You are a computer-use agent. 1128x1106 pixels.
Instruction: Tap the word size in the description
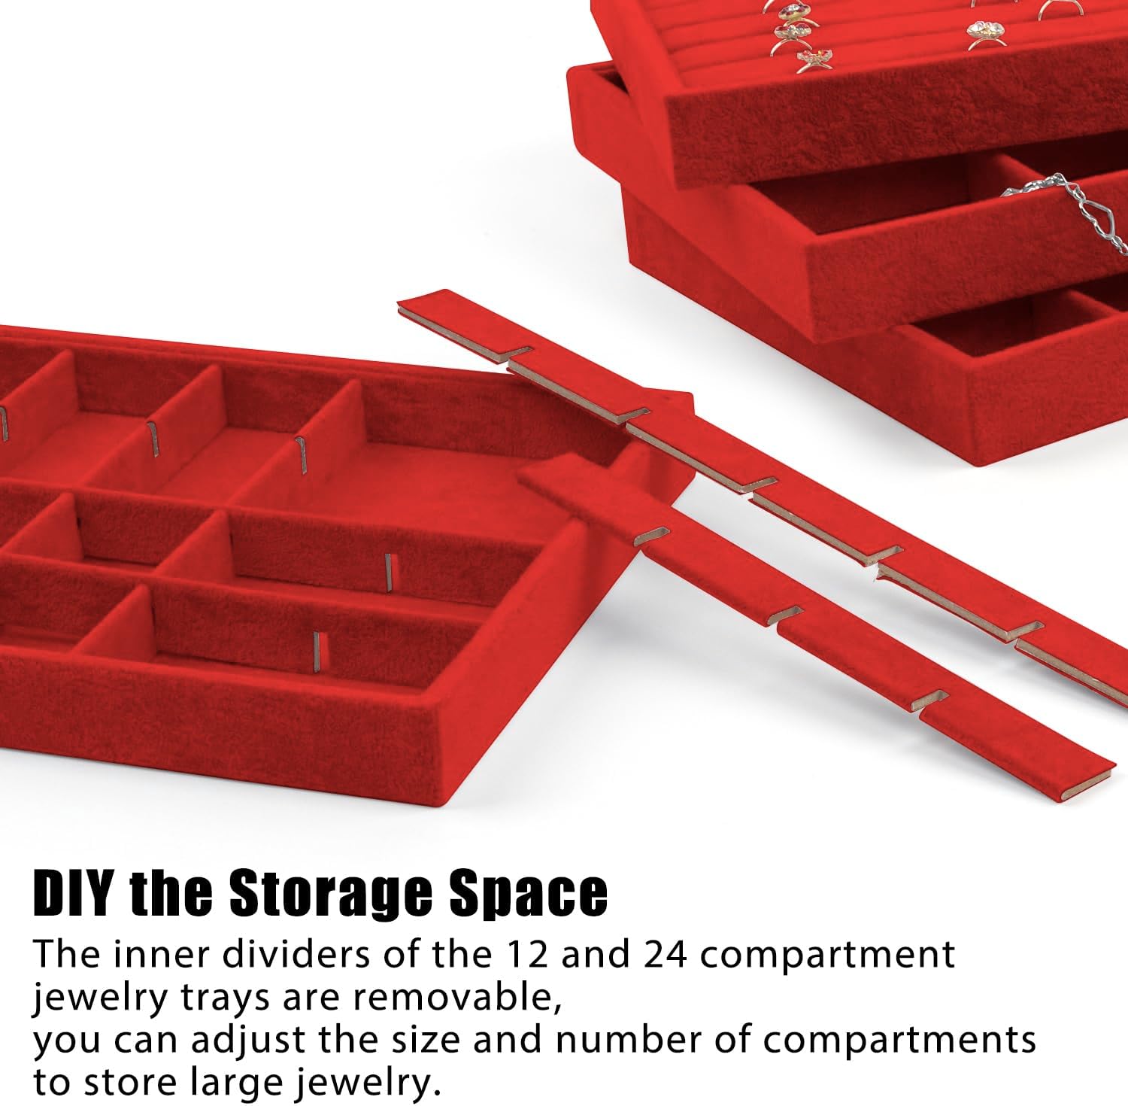[x=424, y=1040]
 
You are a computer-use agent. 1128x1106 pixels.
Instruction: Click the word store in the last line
[x=131, y=1084]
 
